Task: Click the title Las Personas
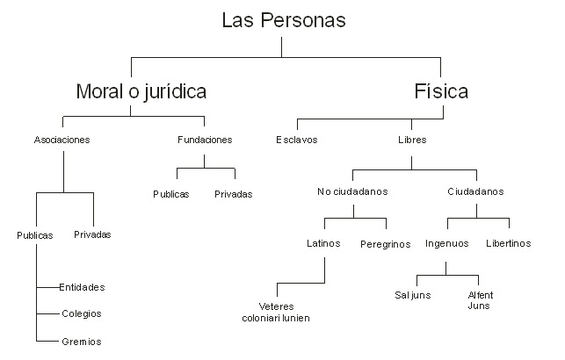[284, 19]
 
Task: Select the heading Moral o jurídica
[141, 91]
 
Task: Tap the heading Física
[441, 91]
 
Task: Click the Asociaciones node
[62, 140]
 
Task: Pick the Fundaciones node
[205, 140]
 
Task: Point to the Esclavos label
[296, 140]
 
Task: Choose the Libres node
[412, 140]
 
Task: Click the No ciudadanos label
[352, 191]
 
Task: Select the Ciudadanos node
[475, 191]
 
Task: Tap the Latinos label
[323, 243]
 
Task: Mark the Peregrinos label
[385, 244]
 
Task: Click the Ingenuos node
[446, 243]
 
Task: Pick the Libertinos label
[509, 243]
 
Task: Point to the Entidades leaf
[82, 287]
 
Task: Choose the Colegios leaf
[82, 313]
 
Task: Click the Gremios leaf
[82, 341]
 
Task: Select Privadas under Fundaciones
[233, 194]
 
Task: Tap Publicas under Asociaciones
[34, 235]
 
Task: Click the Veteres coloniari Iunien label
[276, 312]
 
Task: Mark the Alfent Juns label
[479, 300]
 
